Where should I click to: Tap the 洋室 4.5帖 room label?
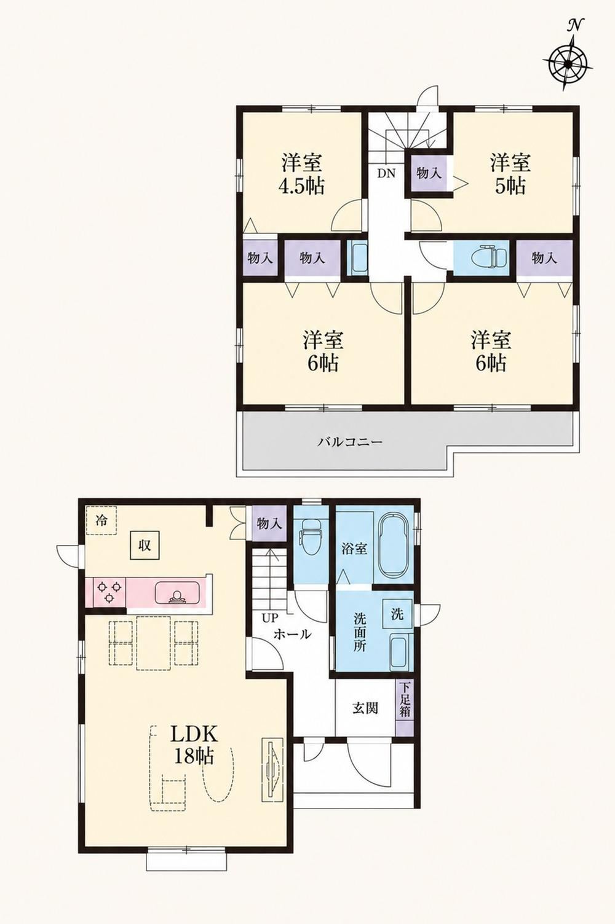pos(303,174)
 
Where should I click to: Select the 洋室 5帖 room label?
pos(510,174)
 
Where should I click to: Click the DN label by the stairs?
pos(386,174)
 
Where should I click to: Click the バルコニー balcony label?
pos(351,442)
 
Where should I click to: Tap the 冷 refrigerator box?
pos(101,520)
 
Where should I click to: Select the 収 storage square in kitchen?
pos(144,546)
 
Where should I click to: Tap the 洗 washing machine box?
pos(397,614)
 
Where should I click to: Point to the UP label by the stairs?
pos(270,617)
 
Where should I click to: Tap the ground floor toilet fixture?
pos(311,533)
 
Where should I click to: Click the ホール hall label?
pos(292,633)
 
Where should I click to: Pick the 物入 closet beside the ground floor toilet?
pos(269,523)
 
